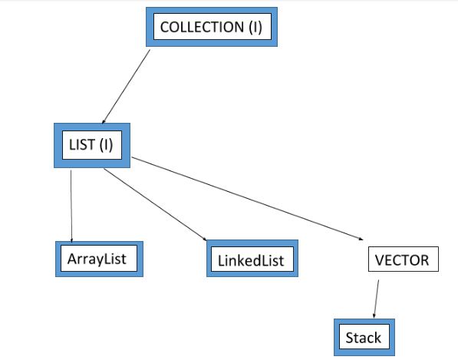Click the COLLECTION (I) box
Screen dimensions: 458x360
pos(212,27)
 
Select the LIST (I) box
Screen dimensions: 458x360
pos(92,145)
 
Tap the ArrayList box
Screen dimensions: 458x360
pos(99,259)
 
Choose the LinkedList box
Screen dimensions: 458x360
pos(252,259)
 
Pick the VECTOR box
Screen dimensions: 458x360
pos(404,259)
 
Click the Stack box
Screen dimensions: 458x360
pos(364,337)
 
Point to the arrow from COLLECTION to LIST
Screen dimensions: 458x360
pos(126,87)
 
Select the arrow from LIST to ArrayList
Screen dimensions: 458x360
pos(71,206)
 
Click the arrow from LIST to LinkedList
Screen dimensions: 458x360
pos(156,204)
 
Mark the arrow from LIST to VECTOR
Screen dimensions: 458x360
pos(247,198)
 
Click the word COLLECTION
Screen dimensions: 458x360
pos(202,27)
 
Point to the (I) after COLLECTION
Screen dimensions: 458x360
pos(255,27)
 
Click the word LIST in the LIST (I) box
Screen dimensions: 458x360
pos(82,144)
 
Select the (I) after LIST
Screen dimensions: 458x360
pos(106,145)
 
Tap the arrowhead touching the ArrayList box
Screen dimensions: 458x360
pos(71,241)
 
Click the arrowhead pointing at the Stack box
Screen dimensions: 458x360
pos(374,316)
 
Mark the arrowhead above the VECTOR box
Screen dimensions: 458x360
pos(361,239)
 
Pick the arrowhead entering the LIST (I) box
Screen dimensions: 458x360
pos(103,121)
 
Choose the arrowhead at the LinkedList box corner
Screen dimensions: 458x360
pos(205,239)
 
